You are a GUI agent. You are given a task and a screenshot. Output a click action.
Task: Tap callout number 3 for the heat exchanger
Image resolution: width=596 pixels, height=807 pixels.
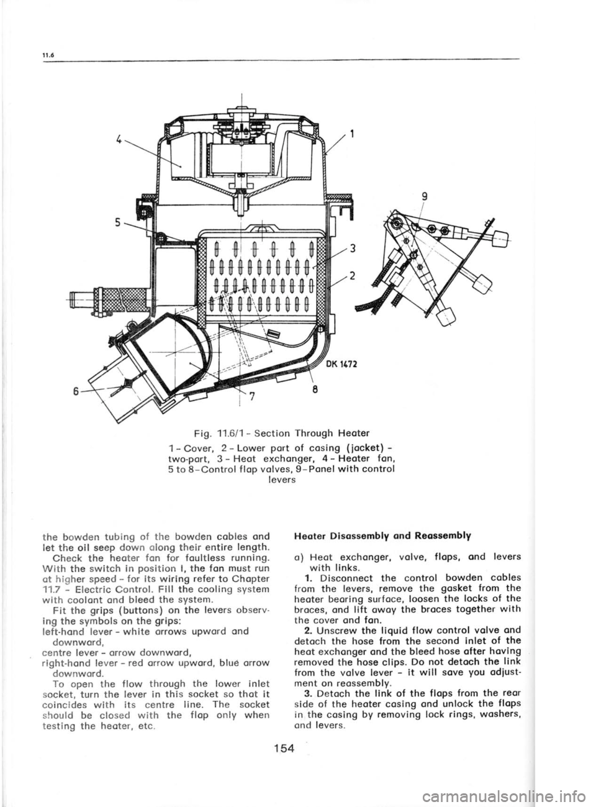tap(352, 250)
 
